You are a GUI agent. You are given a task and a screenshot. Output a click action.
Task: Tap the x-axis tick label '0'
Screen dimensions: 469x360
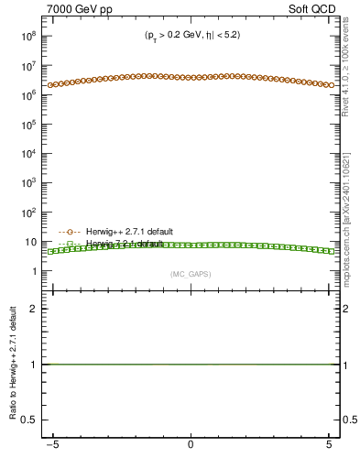click(x=190, y=443)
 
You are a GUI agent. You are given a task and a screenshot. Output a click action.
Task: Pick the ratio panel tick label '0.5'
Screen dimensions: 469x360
click(x=29, y=420)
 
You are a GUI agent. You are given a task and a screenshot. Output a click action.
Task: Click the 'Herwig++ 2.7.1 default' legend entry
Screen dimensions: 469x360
click(x=127, y=232)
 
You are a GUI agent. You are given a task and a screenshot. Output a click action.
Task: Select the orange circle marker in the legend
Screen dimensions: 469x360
click(x=71, y=232)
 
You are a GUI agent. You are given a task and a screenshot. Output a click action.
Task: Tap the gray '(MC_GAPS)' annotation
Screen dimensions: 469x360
click(x=190, y=274)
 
